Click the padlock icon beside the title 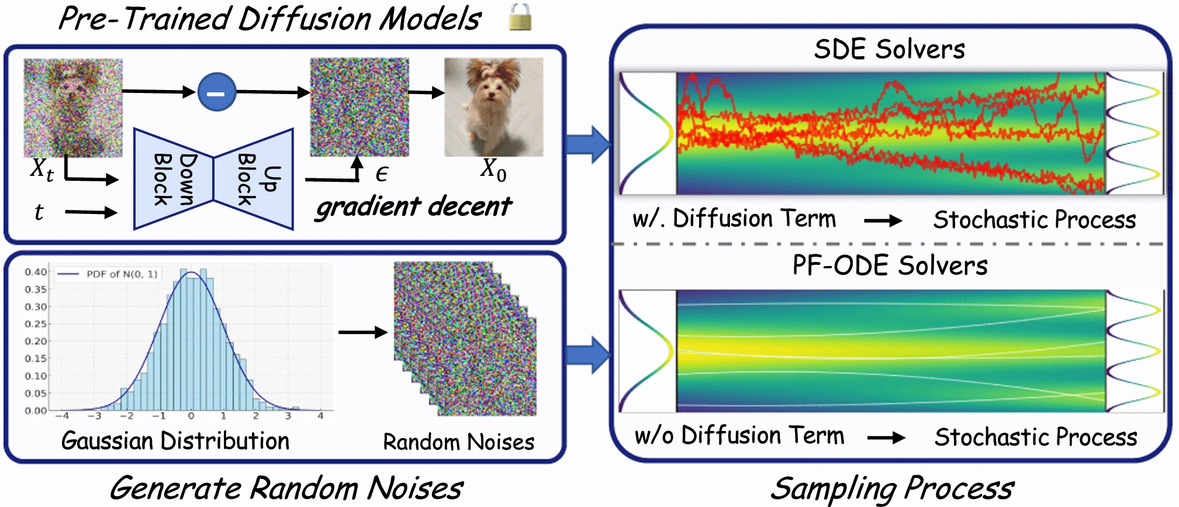[x=520, y=17]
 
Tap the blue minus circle [x=217, y=92]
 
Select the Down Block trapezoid [x=174, y=179]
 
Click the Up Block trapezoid [x=254, y=179]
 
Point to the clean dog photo [x=494, y=107]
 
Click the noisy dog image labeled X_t [x=73, y=108]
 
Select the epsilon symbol [x=382, y=174]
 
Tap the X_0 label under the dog [x=494, y=170]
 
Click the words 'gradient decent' [x=413, y=207]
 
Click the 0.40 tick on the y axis [x=36, y=272]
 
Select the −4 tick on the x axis [x=62, y=416]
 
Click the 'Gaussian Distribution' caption [x=175, y=441]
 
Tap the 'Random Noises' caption [x=459, y=442]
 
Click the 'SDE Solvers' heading [x=890, y=49]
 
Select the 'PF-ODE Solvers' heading [x=890, y=265]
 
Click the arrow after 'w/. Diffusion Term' [x=883, y=220]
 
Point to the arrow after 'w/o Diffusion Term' [x=887, y=437]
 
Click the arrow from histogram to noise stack [x=363, y=332]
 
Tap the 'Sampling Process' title [x=892, y=488]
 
